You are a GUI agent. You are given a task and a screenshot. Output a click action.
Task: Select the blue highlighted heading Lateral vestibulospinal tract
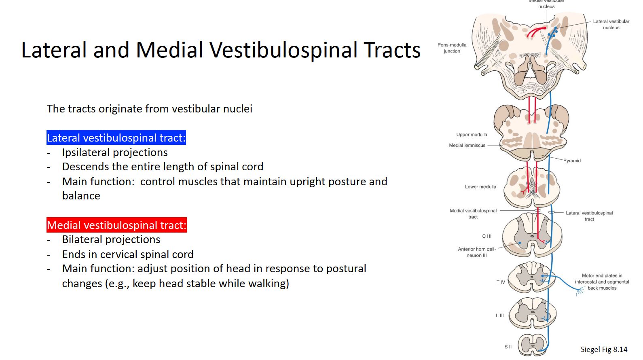(x=116, y=138)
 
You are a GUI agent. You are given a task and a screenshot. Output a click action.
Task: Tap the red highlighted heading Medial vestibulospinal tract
(x=116, y=225)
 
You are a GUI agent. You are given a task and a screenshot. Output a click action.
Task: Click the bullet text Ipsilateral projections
(x=114, y=152)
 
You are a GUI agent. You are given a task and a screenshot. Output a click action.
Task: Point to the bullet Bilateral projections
(x=111, y=239)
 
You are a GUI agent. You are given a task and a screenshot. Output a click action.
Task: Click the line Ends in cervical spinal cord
(x=128, y=254)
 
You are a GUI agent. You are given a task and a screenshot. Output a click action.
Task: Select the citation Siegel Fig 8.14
(x=604, y=349)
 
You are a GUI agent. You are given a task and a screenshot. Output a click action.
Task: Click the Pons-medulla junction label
(x=452, y=48)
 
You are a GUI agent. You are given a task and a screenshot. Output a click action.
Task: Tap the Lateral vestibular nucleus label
(x=611, y=24)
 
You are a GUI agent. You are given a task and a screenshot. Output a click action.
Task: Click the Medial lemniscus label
(x=467, y=145)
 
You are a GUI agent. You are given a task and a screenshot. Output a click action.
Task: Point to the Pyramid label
(x=572, y=161)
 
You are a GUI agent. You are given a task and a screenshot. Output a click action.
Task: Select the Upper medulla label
(x=472, y=135)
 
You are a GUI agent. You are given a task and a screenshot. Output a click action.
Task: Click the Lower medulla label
(x=480, y=186)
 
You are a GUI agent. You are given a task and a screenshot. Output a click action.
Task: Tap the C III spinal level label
(x=486, y=236)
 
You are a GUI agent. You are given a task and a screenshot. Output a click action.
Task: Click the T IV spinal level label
(x=501, y=282)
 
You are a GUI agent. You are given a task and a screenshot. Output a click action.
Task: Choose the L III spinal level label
(x=500, y=316)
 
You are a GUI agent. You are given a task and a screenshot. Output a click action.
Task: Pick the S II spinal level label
(x=508, y=347)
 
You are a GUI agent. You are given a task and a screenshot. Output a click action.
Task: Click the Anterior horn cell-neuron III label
(x=477, y=252)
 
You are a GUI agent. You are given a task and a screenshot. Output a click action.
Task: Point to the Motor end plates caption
(x=602, y=282)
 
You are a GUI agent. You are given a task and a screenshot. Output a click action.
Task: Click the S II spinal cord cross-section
(x=533, y=345)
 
